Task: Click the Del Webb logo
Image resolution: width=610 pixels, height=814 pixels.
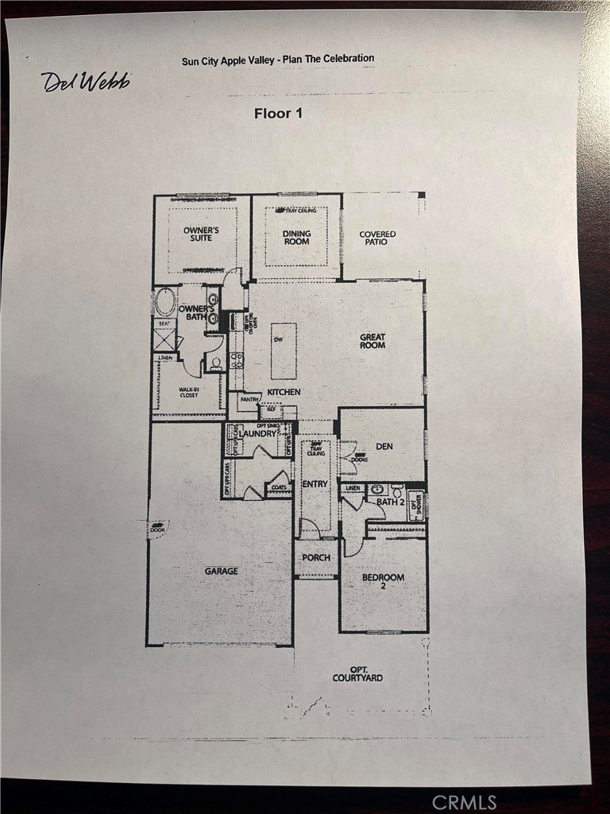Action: pyautogui.click(x=85, y=80)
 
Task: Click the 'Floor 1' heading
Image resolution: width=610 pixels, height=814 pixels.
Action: pyautogui.click(x=278, y=113)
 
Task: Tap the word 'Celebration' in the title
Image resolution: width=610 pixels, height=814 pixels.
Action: pyautogui.click(x=345, y=58)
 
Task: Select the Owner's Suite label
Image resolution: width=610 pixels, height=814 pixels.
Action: pyautogui.click(x=201, y=234)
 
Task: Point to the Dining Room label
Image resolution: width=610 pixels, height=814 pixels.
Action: pyautogui.click(x=297, y=238)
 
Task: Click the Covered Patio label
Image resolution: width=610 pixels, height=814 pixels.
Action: pyautogui.click(x=377, y=238)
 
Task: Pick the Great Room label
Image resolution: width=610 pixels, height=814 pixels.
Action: pyautogui.click(x=373, y=341)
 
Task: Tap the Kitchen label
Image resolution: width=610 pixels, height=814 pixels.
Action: pyautogui.click(x=284, y=393)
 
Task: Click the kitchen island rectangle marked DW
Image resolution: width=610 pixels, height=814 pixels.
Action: pyautogui.click(x=284, y=351)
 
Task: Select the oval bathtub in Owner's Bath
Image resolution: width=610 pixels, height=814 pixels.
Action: pyautogui.click(x=165, y=304)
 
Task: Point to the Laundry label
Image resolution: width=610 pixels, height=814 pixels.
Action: pyautogui.click(x=259, y=433)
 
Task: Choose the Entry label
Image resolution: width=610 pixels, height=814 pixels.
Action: pyautogui.click(x=315, y=484)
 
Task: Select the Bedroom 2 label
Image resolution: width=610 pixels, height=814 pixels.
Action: pyautogui.click(x=383, y=582)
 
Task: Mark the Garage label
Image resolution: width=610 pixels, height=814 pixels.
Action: pyautogui.click(x=221, y=571)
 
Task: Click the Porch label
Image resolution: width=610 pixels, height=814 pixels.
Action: pyautogui.click(x=315, y=558)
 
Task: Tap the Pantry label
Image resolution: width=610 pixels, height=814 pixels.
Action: pyautogui.click(x=249, y=400)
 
